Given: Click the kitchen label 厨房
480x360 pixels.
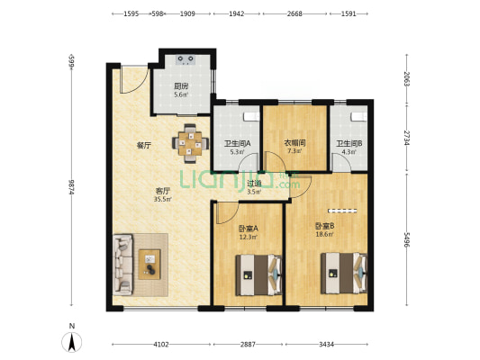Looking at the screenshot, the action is (x=181, y=86).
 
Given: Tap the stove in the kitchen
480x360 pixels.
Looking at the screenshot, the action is (x=186, y=59).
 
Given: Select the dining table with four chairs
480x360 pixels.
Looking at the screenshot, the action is (x=190, y=143).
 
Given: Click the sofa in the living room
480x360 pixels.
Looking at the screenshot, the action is (x=123, y=265).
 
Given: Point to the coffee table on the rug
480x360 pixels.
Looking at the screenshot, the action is (x=149, y=265).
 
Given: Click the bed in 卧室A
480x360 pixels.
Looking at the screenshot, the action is (x=258, y=275).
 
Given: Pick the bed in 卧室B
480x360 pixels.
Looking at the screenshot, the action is (x=344, y=273).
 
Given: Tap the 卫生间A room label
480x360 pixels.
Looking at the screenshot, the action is (x=238, y=143).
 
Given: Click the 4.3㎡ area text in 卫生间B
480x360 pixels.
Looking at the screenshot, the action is (x=349, y=151).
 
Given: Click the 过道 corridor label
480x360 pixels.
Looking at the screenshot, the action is (x=254, y=184).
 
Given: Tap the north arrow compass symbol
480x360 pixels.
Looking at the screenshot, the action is (x=72, y=342).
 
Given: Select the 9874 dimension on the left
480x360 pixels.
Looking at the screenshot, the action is (x=72, y=187).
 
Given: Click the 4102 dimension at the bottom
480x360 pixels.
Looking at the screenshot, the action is (x=161, y=345).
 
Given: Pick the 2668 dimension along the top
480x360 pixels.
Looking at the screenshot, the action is (x=294, y=13).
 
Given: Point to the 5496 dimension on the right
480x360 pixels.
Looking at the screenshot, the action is (x=406, y=239).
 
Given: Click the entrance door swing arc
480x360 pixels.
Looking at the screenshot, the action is (x=135, y=80).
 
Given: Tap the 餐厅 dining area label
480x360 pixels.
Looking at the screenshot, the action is (x=143, y=146).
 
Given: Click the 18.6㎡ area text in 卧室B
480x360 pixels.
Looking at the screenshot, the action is (x=324, y=234).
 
